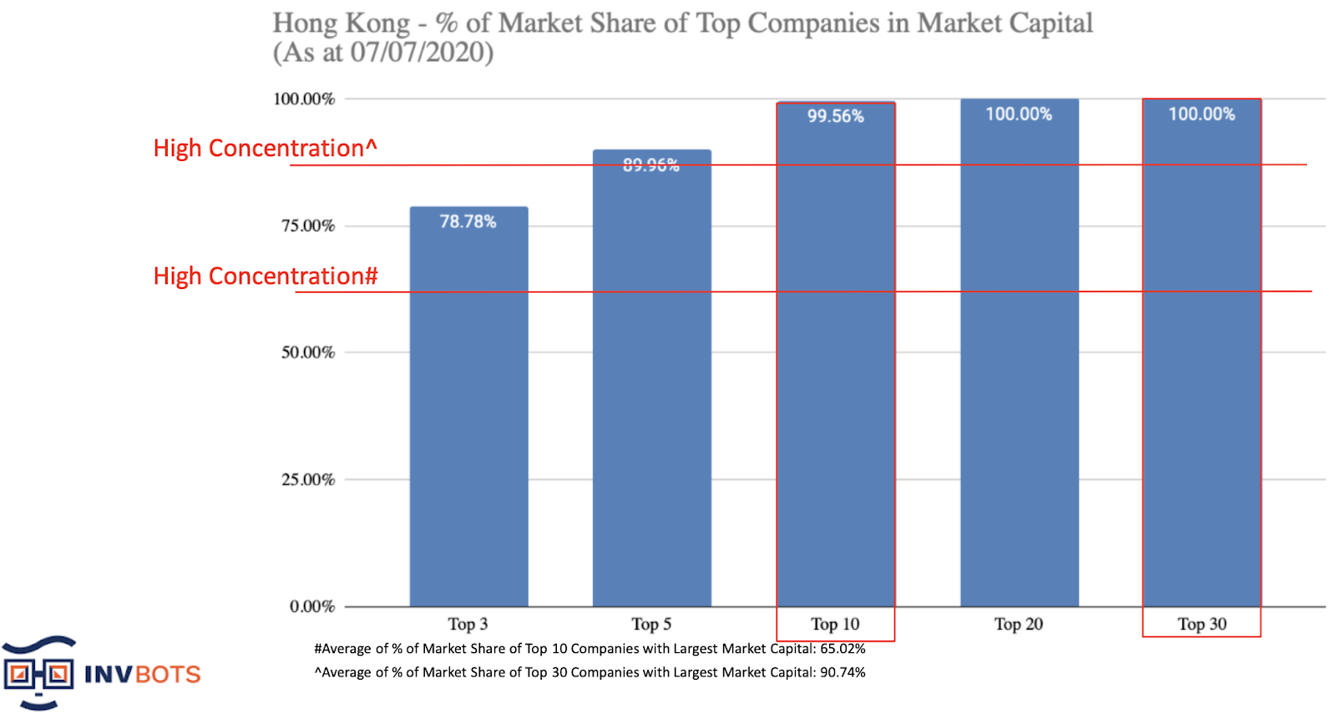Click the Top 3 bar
(468, 418)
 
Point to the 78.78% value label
(468, 221)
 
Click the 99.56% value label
(835, 116)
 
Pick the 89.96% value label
(651, 165)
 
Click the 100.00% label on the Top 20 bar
(1019, 114)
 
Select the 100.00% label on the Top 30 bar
(1201, 114)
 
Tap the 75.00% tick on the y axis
(308, 225)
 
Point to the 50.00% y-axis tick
(308, 352)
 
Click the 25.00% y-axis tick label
(308, 479)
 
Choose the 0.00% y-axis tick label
(312, 606)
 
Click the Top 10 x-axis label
(835, 624)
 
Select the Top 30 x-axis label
(1202, 624)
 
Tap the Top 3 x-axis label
(468, 624)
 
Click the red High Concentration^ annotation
(265, 148)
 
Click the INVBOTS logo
(100, 672)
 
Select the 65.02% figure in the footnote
(843, 649)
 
